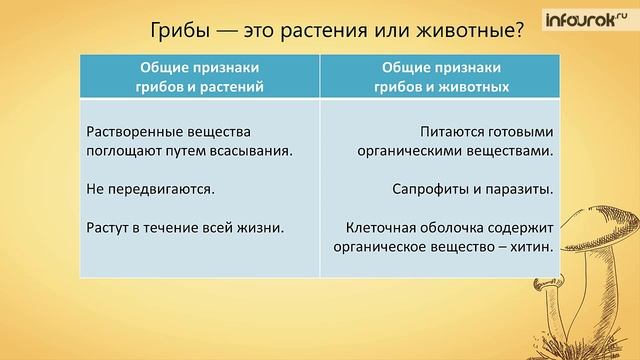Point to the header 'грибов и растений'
200,87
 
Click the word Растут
108,226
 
